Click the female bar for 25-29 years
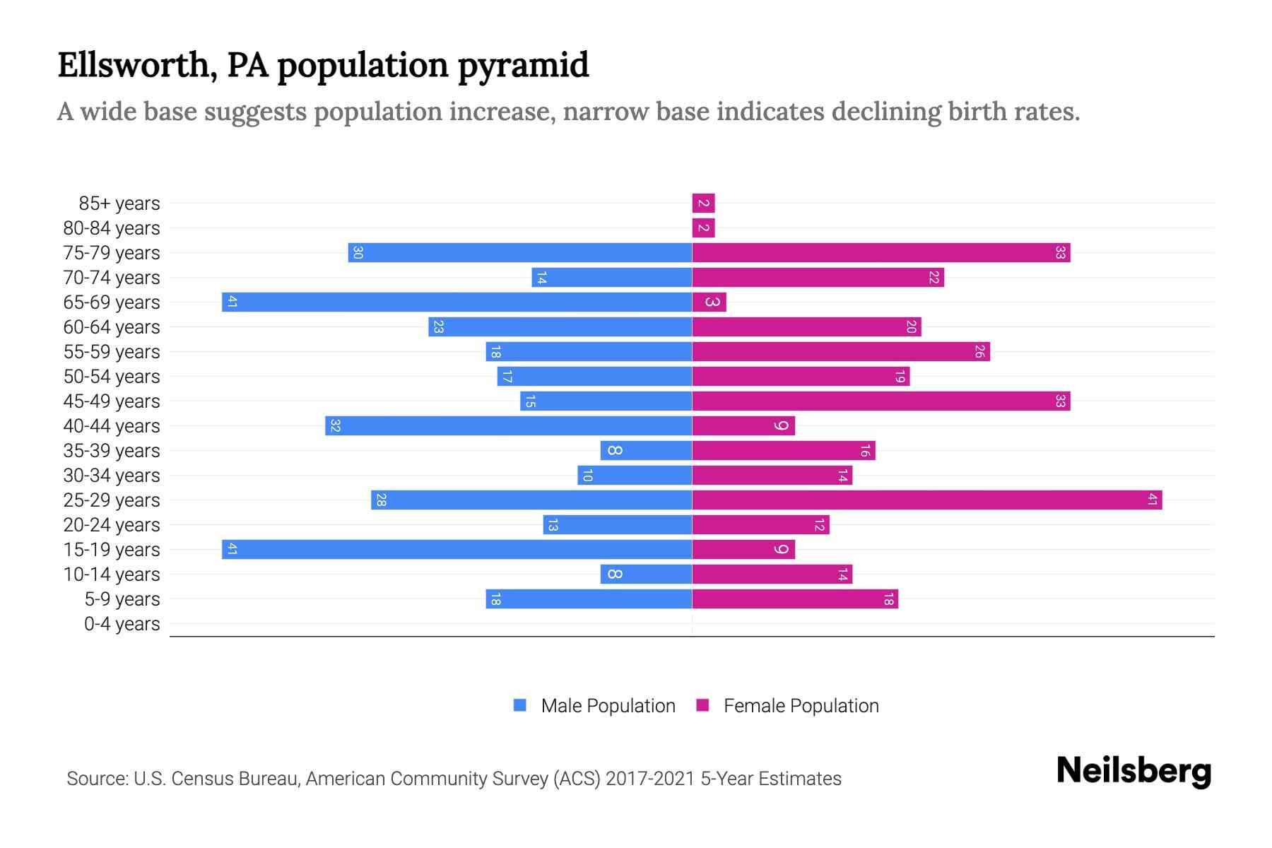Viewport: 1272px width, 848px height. (926, 500)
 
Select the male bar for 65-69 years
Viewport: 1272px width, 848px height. (457, 302)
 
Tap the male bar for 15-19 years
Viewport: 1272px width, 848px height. (457, 550)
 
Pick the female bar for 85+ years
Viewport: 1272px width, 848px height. (703, 204)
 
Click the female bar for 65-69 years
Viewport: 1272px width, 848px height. (709, 302)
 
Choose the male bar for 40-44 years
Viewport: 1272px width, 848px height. (508, 426)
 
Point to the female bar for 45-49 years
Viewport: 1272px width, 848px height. (881, 401)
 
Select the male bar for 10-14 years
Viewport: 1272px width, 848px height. (646, 575)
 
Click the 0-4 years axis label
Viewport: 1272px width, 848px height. (122, 624)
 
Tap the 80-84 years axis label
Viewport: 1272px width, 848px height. (112, 228)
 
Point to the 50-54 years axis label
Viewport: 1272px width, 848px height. (112, 377)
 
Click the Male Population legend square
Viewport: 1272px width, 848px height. (520, 705)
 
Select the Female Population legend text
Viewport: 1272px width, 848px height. (801, 706)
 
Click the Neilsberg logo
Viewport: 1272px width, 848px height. (1133, 771)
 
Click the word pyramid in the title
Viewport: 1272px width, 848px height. (523, 66)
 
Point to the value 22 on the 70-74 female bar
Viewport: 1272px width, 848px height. (934, 278)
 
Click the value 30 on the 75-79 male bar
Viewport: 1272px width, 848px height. (358, 253)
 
